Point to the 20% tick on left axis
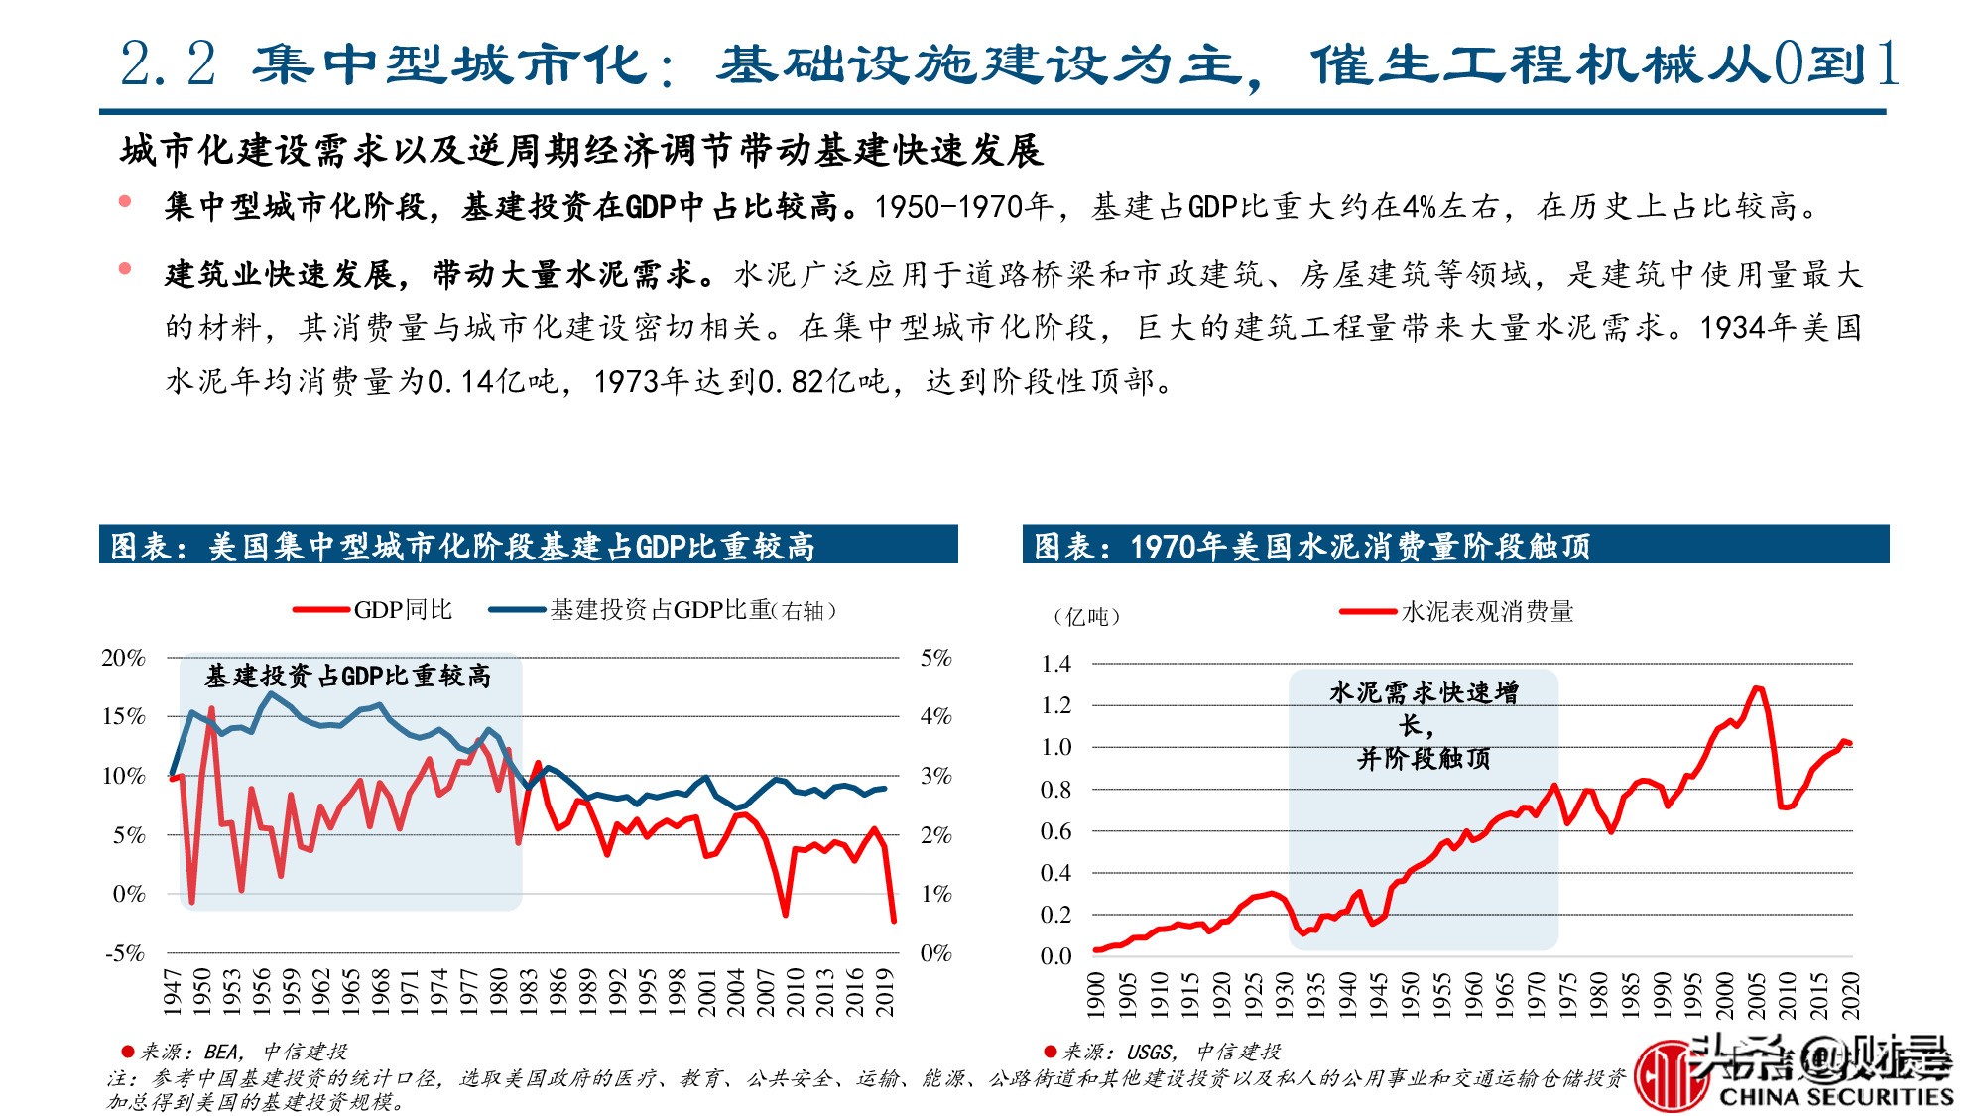click(x=124, y=658)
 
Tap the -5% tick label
click(x=126, y=953)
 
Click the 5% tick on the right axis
click(x=935, y=658)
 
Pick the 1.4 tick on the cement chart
click(x=1055, y=664)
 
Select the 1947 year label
click(x=172, y=992)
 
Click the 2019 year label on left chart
click(x=885, y=992)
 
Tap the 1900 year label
click(x=1095, y=995)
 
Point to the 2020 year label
click(x=1850, y=995)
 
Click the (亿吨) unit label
click(x=1086, y=617)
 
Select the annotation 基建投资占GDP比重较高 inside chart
click(x=347, y=677)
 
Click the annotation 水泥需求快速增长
click(x=1424, y=724)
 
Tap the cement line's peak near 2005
click(x=1756, y=687)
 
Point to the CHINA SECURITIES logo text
click(x=1835, y=1096)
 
